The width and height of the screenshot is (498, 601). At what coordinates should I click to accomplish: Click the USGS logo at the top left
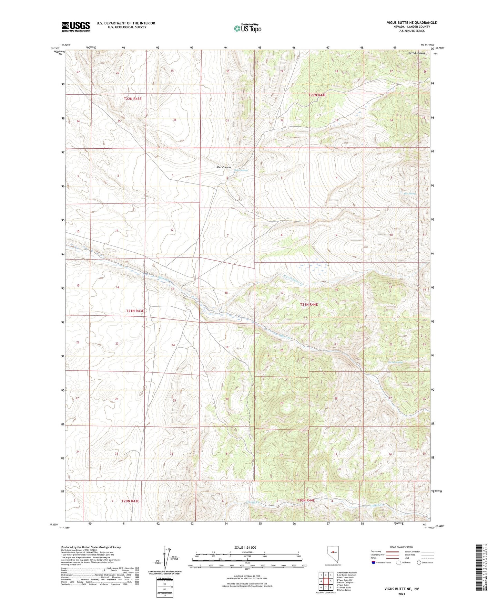(x=76, y=27)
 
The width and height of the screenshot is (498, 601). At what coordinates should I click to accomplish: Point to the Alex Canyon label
(x=223, y=167)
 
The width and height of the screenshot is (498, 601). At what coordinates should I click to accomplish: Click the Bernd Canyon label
(x=417, y=53)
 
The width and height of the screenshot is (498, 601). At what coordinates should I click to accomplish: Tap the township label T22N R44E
(x=317, y=95)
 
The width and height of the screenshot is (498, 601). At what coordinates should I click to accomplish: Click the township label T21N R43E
(x=134, y=311)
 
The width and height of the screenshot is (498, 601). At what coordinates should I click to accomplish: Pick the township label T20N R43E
(x=130, y=501)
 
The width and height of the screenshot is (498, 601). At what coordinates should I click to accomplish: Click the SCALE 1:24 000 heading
(x=245, y=547)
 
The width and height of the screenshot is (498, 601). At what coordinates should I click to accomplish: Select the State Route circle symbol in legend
(x=419, y=562)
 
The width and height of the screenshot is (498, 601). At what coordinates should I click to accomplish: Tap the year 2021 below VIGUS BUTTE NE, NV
(x=401, y=594)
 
